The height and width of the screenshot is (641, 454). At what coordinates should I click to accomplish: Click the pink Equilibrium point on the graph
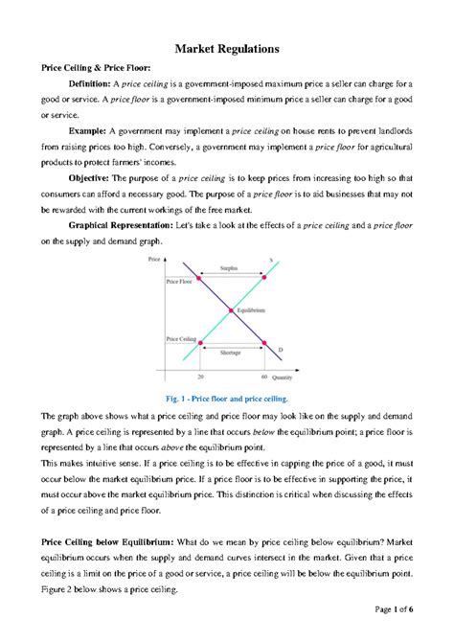point(231,309)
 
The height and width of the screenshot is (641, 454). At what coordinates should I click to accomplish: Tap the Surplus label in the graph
point(230,268)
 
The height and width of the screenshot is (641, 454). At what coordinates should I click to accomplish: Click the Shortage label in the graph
point(230,353)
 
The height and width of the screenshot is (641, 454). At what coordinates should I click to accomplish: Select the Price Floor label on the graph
point(179,283)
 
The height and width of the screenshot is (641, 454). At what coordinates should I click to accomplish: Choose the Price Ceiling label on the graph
point(181,339)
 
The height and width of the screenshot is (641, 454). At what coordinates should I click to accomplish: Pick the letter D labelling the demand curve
point(281,351)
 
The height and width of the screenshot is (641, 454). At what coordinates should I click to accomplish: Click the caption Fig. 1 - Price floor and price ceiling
point(227,397)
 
